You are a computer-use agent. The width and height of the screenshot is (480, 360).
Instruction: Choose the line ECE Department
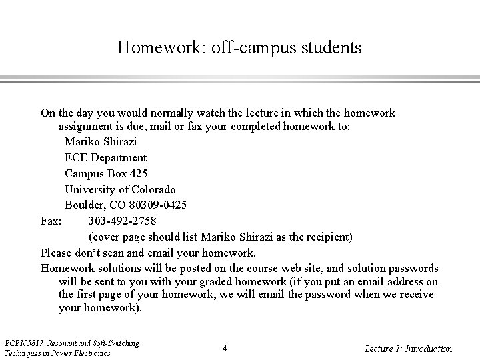(x=105, y=158)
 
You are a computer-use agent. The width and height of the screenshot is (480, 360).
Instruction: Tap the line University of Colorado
(x=120, y=189)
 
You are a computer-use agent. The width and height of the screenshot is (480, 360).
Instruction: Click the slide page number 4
(x=225, y=349)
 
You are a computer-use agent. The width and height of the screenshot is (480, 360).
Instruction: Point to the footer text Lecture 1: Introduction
(x=408, y=349)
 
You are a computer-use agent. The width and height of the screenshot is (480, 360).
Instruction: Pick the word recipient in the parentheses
(x=328, y=237)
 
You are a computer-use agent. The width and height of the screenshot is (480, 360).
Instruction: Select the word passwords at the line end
(x=413, y=268)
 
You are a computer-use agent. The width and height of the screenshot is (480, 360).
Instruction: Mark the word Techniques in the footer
(x=21, y=353)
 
